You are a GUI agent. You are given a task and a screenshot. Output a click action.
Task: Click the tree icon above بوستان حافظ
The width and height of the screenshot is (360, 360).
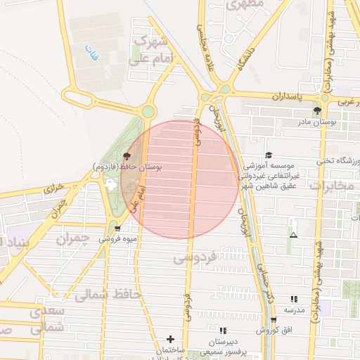(x=127, y=156)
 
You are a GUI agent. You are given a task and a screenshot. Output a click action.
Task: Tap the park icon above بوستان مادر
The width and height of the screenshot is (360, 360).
(x=317, y=110)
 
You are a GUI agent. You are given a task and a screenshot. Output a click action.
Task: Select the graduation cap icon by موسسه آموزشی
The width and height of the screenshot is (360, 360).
(x=268, y=155)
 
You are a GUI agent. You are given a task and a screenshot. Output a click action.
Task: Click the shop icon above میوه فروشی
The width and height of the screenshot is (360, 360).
(x=117, y=228)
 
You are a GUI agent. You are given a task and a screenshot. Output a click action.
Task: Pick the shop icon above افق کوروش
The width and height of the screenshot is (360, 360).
(x=273, y=320)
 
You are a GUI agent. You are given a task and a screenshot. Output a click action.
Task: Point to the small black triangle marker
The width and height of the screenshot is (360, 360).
(x=293, y=235)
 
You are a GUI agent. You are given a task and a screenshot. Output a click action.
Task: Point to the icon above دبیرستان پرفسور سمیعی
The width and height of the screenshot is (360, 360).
(x=223, y=330)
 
